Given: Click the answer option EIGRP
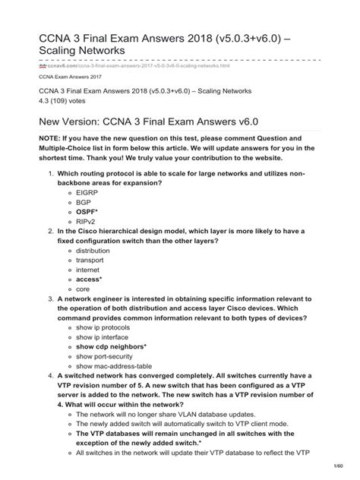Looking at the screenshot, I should click(x=87, y=193).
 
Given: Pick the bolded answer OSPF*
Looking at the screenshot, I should click(x=87, y=214).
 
